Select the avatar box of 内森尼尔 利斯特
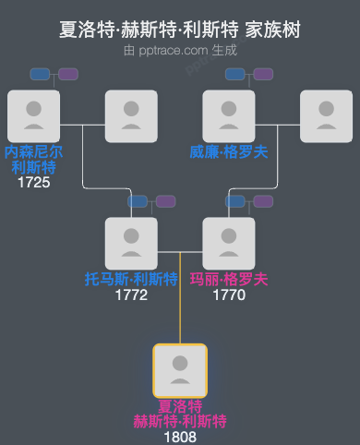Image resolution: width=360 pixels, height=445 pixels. [33, 115]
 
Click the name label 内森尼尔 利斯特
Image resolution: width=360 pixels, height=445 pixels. [33, 159]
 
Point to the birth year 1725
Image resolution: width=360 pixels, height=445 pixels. [33, 183]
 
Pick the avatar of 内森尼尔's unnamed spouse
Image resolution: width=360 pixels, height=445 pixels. [131, 115]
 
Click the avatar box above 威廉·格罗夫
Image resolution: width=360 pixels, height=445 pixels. [229, 115]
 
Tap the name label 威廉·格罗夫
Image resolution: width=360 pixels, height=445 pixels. [229, 151]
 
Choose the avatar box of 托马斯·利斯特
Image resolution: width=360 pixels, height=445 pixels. [131, 243]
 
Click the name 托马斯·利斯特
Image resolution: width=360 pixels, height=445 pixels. [131, 279]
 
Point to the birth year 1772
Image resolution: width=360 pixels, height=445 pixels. [131, 295]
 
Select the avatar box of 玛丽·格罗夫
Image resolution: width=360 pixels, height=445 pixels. [229, 243]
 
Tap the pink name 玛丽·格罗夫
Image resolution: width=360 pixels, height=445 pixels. [229, 279]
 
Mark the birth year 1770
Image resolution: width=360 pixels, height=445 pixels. [229, 295]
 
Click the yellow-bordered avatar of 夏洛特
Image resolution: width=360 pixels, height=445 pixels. [180, 370]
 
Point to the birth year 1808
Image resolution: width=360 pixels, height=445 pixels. [180, 437]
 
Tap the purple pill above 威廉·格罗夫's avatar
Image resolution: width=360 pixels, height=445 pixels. [264, 74]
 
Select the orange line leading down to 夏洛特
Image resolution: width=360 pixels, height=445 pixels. [180, 305]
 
